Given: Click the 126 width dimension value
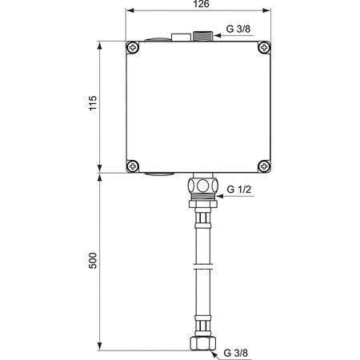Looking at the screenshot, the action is [202, 4].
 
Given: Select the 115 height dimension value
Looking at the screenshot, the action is [93, 103].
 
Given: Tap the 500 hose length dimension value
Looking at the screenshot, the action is [93, 261].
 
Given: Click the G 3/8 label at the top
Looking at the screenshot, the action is [238, 29].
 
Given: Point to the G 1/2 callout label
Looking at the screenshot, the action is [239, 190].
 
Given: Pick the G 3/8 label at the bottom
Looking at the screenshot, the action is [236, 353].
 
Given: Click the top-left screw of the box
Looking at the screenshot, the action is [133, 48].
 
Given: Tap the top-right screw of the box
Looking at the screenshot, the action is [264, 48].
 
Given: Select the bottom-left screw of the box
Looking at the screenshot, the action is [133, 166].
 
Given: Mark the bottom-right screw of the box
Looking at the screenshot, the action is [264, 166].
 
